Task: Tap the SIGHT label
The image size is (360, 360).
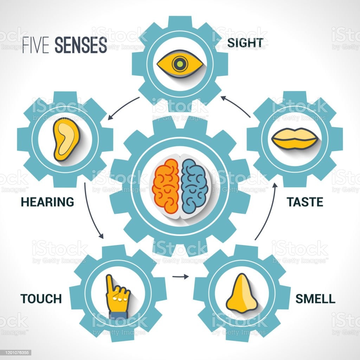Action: (x=245, y=43)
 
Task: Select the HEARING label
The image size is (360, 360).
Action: (x=47, y=202)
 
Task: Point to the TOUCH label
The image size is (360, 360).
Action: (x=41, y=299)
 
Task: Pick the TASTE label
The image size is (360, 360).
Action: (x=305, y=202)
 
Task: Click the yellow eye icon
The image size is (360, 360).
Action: (x=180, y=64)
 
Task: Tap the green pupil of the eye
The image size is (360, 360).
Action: (x=180, y=64)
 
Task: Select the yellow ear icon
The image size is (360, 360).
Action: (x=66, y=140)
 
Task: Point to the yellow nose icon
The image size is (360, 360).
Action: (x=242, y=293)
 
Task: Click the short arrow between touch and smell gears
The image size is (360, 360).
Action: (x=180, y=277)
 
